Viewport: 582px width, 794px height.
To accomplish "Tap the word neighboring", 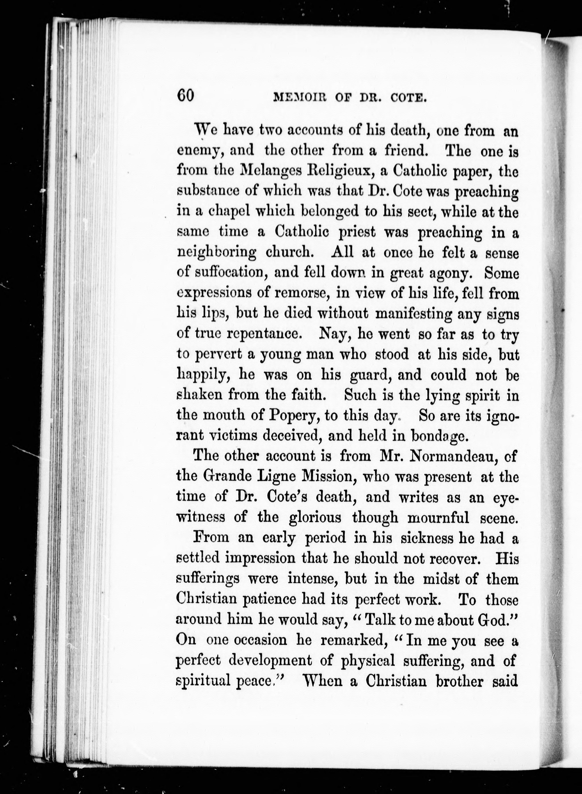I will (x=217, y=253).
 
